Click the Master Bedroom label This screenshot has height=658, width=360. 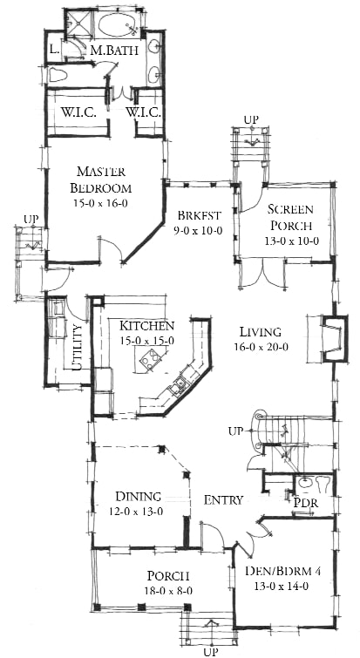click(x=101, y=180)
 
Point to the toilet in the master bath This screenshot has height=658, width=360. click(x=56, y=75)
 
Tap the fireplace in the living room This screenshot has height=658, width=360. click(x=334, y=337)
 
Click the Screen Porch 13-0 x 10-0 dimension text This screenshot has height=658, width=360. click(x=292, y=241)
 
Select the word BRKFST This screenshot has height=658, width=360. click(x=199, y=216)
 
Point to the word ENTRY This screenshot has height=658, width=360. click(x=224, y=499)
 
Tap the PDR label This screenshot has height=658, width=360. click(x=306, y=503)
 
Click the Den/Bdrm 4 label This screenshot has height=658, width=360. click(x=282, y=571)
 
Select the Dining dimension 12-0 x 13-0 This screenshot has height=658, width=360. click(x=134, y=512)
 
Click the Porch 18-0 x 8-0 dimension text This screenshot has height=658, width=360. click(x=166, y=591)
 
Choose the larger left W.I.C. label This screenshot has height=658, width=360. click(x=78, y=112)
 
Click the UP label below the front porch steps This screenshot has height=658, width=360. click(x=210, y=652)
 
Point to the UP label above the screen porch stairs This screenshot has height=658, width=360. click(x=251, y=119)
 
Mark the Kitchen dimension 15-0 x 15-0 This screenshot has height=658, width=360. click(x=146, y=341)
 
